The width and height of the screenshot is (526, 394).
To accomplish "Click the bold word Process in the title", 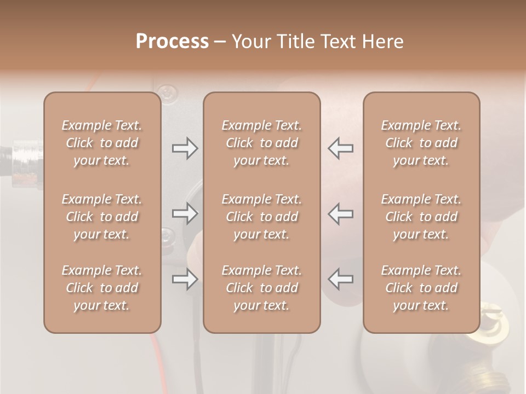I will pyautogui.click(x=172, y=42).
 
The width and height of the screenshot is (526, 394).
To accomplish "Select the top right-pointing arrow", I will pyautogui.click(x=185, y=148).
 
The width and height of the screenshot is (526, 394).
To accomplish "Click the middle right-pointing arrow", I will pyautogui.click(x=185, y=213).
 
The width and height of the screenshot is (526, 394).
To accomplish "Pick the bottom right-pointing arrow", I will pyautogui.click(x=185, y=279).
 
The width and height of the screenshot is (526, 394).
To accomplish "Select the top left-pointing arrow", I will pyautogui.click(x=341, y=148).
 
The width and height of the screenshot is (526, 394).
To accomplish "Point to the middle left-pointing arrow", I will pyautogui.click(x=341, y=213).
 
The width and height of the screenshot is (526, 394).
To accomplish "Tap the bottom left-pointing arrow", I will pyautogui.click(x=341, y=279).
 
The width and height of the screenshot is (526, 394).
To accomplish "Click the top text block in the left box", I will pyautogui.click(x=102, y=143).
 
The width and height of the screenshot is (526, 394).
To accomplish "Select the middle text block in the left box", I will pyautogui.click(x=102, y=217).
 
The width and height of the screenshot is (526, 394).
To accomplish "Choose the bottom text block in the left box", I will pyautogui.click(x=102, y=288).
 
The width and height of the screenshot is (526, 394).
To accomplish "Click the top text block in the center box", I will pyautogui.click(x=261, y=143).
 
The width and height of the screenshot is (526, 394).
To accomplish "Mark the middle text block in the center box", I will pyautogui.click(x=261, y=217).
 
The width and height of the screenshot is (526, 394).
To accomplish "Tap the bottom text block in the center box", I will pyautogui.click(x=261, y=288).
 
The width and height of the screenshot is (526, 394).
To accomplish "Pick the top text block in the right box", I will pyautogui.click(x=421, y=143).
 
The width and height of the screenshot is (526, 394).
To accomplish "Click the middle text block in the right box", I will pyautogui.click(x=421, y=217).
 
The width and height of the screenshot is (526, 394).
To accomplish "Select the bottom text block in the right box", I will pyautogui.click(x=421, y=288).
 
